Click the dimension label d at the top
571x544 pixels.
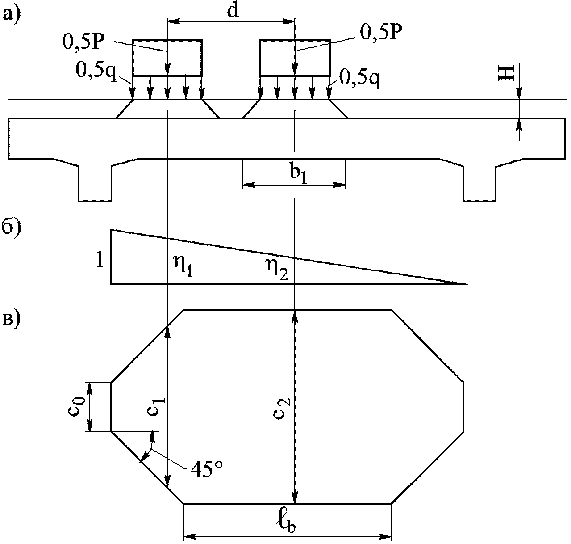[233, 11]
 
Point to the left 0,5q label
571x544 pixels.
[96, 71]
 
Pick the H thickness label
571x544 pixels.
[506, 73]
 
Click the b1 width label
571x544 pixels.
[298, 174]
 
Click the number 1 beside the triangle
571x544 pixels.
[99, 260]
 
